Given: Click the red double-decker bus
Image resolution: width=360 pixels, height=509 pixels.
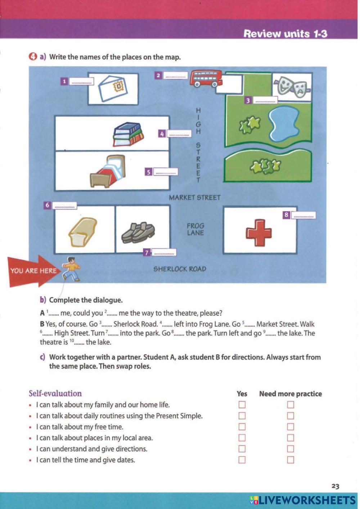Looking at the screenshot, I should pyautogui.click(x=206, y=78).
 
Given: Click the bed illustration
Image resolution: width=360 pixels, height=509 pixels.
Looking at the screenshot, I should pyautogui.click(x=108, y=171).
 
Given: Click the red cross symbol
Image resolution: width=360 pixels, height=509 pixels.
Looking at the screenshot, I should pyautogui.click(x=258, y=232).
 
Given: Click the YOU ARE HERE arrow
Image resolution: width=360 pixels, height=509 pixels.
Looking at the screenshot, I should pyautogui.click(x=32, y=271).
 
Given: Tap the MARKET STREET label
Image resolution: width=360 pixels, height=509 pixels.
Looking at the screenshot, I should pyautogui.click(x=195, y=198).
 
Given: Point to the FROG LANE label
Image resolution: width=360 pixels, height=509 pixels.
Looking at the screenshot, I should pyautogui.click(x=195, y=229).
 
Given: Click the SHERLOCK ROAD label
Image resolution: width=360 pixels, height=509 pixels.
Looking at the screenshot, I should pyautogui.click(x=180, y=269).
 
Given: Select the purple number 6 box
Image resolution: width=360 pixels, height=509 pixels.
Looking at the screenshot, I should pyautogui.click(x=47, y=205).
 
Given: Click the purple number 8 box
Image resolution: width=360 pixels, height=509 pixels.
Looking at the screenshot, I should pyautogui.click(x=287, y=215).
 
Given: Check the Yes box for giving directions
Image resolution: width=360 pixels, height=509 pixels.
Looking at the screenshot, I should pyautogui.click(x=242, y=449).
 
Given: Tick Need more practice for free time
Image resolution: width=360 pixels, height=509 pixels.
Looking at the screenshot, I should pyautogui.click(x=291, y=427).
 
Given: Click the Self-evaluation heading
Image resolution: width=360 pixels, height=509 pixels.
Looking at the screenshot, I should pyautogui.click(x=55, y=393).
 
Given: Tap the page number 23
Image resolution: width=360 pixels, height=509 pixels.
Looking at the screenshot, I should pyautogui.click(x=335, y=486).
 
